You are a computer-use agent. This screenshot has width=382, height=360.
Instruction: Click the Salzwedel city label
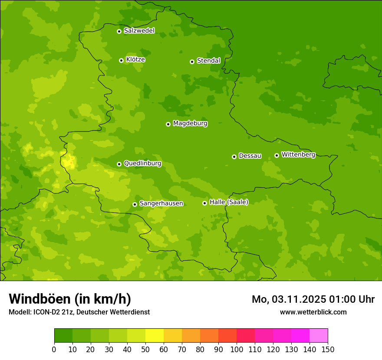139,31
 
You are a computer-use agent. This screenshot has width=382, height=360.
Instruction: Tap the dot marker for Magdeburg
168,124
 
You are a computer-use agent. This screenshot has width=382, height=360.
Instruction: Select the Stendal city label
208,61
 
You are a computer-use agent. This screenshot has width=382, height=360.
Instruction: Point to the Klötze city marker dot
121,60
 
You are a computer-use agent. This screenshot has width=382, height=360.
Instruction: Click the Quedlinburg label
142,164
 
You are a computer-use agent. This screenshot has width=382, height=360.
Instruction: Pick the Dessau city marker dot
234,157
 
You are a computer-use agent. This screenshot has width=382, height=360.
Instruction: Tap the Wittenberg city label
298,154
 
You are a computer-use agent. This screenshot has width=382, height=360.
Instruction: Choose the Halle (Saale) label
229,202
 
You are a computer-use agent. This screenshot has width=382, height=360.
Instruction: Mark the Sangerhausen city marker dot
135,204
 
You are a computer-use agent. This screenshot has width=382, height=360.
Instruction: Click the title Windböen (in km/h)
70,299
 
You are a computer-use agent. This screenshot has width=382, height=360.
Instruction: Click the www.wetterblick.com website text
313,312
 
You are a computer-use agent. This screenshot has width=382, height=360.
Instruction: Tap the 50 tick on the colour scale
145,349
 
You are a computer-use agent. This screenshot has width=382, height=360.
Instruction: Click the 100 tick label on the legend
237,349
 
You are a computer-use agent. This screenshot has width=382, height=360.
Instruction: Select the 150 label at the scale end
328,349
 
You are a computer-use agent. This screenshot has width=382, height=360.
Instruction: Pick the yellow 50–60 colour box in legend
155,336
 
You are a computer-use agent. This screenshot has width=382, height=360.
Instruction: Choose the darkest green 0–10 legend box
63,336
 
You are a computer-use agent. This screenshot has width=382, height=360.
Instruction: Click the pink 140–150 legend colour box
319,336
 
